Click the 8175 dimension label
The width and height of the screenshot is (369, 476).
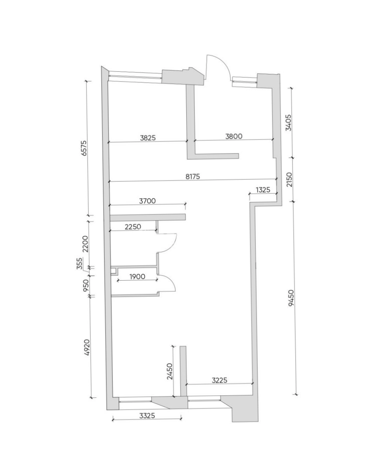(x=193, y=176)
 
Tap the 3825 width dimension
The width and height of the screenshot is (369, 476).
(x=148, y=138)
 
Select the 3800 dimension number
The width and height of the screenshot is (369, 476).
(x=234, y=136)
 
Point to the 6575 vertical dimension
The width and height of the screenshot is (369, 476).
(x=84, y=148)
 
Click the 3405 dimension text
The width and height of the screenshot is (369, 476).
(x=289, y=122)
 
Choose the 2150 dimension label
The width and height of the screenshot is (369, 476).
(x=289, y=179)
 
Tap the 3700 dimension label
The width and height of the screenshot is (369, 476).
(x=147, y=201)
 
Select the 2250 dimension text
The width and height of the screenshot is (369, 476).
(x=133, y=226)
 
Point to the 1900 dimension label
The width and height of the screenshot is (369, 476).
(x=137, y=276)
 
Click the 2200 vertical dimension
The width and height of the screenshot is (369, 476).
(x=85, y=244)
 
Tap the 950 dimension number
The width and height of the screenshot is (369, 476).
(x=85, y=286)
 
